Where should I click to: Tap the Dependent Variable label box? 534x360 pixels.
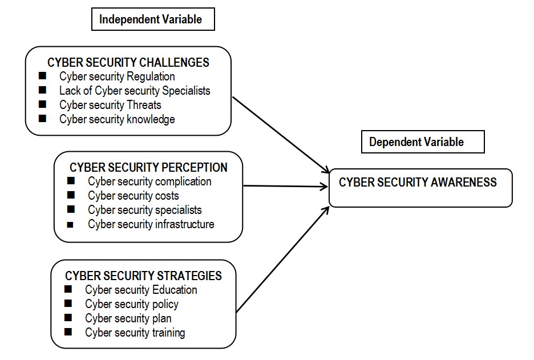[416, 142]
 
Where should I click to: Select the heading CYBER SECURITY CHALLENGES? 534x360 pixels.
[128, 62]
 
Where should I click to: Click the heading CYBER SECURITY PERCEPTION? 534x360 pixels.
[148, 167]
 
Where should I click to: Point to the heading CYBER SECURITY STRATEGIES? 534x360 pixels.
[143, 276]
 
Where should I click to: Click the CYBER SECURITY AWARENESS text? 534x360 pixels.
[418, 183]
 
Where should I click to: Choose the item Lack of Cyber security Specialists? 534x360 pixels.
[135, 91]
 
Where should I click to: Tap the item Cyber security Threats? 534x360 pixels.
[110, 105]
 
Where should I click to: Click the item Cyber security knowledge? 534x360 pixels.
[117, 119]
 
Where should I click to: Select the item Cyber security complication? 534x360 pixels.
[149, 181]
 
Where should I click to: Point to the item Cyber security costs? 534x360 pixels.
[133, 196]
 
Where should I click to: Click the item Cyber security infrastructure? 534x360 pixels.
[151, 224]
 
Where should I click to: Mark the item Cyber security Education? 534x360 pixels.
[141, 290]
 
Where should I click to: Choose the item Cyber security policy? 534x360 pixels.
[132, 304]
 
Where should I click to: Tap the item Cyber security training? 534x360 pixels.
[135, 333]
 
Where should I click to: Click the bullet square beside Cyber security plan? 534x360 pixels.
[69, 318]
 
